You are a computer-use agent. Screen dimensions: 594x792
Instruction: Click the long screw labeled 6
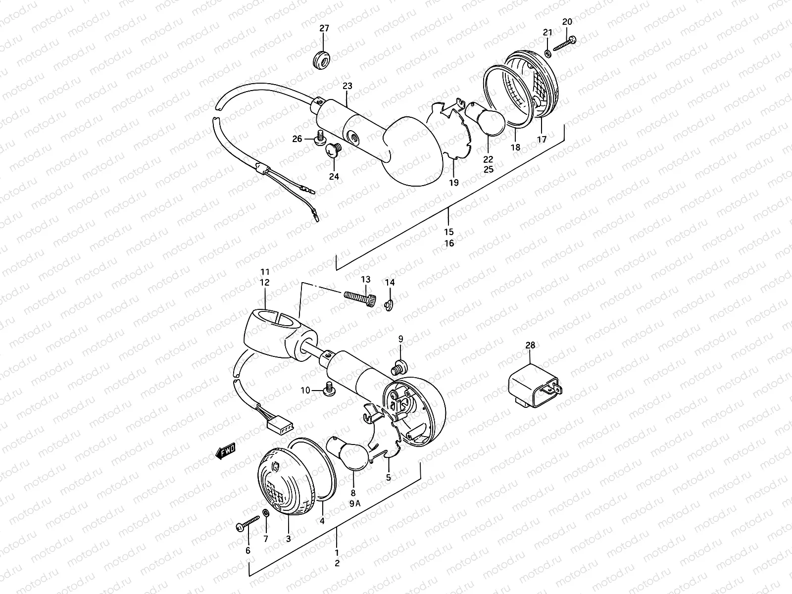(x=248, y=523)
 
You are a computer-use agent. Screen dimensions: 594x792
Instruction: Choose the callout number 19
(x=453, y=183)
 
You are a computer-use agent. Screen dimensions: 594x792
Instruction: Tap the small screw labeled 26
(x=319, y=136)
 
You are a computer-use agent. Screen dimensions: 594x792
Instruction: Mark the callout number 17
(x=542, y=140)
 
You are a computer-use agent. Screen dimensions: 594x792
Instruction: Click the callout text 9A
(x=355, y=504)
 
